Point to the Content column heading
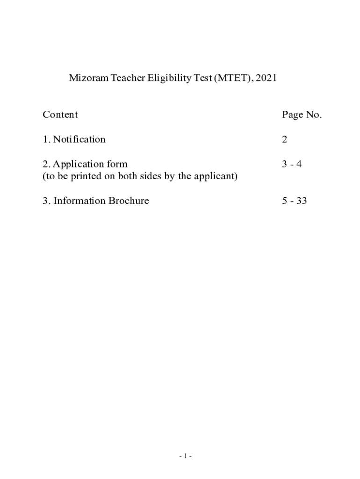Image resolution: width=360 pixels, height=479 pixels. click(x=60, y=115)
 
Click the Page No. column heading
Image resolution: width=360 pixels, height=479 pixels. click(x=302, y=115)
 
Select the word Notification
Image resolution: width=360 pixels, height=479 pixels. click(x=79, y=139)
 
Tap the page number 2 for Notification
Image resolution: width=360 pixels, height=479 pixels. click(x=285, y=139)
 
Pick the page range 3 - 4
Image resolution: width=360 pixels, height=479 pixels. click(x=292, y=165)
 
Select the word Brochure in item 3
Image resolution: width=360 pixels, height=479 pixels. click(x=129, y=201)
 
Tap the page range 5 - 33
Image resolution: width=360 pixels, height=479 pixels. click(x=295, y=201)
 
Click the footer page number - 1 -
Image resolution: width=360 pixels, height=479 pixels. click(x=185, y=457)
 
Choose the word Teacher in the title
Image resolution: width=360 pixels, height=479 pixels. click(x=128, y=78)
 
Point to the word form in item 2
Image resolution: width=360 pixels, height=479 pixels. click(x=118, y=165)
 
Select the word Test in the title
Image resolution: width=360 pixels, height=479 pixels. click(x=202, y=78)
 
